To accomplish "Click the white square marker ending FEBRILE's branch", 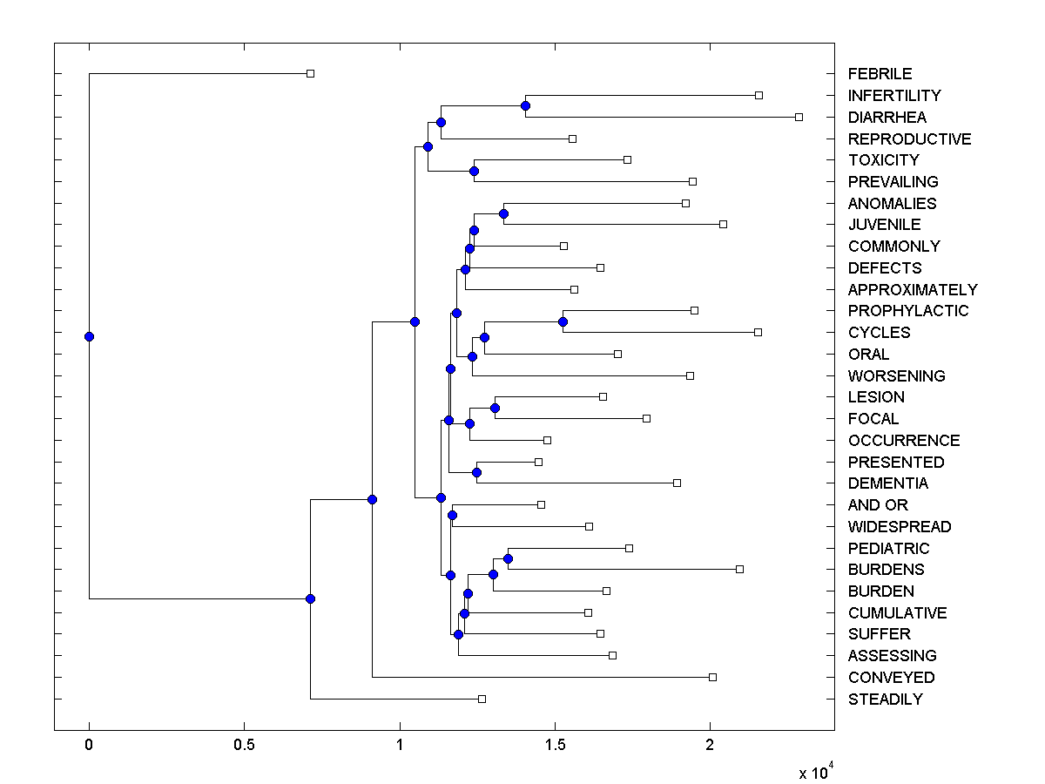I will pos(310,73).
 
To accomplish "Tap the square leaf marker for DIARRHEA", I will pos(799,117).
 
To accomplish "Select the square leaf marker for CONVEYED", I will pos(712,677).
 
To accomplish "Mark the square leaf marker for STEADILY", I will pos(482,699).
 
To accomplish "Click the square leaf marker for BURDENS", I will pos(739,569).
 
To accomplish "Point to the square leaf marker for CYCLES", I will pos(758,332).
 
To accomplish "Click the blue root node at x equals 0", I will pos(89,336).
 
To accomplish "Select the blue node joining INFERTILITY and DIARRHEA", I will pos(525,105).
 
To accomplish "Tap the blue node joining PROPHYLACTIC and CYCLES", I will pos(563,321).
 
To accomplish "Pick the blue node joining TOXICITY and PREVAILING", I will pos(474,171).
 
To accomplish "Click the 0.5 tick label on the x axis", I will pos(244,745).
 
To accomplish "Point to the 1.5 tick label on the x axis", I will pos(555,745).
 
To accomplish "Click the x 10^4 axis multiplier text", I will pos(816,772).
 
